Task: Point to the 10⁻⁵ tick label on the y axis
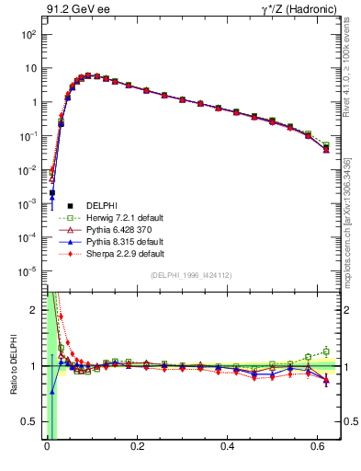28,271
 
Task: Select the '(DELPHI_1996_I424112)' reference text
190,275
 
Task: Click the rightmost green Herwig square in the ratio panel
326,350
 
